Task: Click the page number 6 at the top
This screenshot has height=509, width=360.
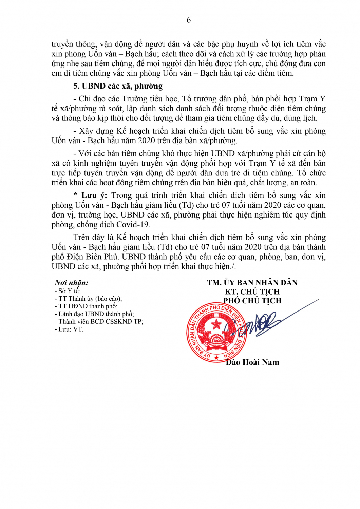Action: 189,20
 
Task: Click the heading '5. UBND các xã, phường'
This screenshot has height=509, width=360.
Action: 118,86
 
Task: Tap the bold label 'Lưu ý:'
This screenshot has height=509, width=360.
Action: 94,195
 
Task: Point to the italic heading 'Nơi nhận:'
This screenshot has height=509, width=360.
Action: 72,283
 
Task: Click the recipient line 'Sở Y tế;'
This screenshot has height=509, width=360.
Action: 68,291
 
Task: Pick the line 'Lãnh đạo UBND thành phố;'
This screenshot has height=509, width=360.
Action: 94,314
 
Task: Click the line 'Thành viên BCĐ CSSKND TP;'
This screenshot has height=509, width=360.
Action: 99,321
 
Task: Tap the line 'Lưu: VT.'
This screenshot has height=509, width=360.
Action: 69,329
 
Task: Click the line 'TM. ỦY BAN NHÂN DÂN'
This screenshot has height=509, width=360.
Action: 252,283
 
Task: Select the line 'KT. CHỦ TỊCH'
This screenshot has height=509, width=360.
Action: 252,292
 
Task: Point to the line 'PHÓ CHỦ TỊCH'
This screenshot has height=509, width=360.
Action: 252,301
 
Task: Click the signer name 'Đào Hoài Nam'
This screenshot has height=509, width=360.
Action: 252,362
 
